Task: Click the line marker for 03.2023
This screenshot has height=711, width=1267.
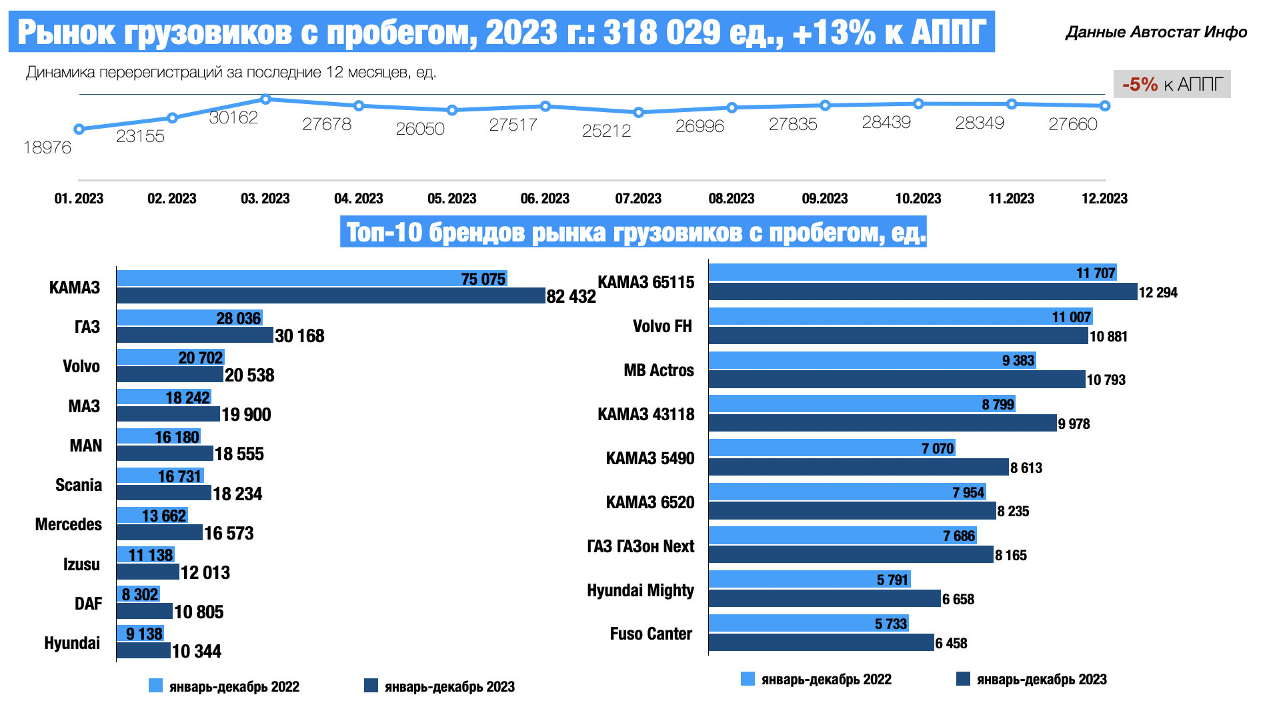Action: tap(265, 99)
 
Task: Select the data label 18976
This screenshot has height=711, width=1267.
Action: tap(47, 147)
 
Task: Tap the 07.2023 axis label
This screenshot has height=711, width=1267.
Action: tap(638, 199)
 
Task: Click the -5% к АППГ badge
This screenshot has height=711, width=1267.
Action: tap(1172, 85)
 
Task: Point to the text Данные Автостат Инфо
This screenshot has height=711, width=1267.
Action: tap(1156, 32)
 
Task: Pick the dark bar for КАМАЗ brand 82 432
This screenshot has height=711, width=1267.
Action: tap(331, 295)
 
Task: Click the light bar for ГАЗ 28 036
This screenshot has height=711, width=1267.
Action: tap(189, 317)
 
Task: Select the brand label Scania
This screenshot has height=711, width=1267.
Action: tap(79, 485)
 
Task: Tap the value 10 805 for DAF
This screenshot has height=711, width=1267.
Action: tap(199, 612)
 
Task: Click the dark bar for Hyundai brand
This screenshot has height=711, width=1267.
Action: tap(143, 650)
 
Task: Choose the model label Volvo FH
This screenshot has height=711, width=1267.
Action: tap(662, 326)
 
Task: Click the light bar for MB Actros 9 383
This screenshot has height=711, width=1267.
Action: tap(872, 360)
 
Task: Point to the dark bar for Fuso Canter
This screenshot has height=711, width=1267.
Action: tap(821, 642)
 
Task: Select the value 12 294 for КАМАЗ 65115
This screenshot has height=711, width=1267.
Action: tap(1158, 292)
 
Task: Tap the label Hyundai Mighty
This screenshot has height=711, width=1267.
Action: tap(640, 590)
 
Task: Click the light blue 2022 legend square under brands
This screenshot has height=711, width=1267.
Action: tap(155, 686)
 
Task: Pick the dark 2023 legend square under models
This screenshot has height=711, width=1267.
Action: tap(962, 679)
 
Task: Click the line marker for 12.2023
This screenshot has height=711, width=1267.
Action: tap(1105, 106)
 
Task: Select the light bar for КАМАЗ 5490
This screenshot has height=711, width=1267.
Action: tap(832, 448)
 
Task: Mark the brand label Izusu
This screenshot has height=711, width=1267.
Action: tap(81, 564)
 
